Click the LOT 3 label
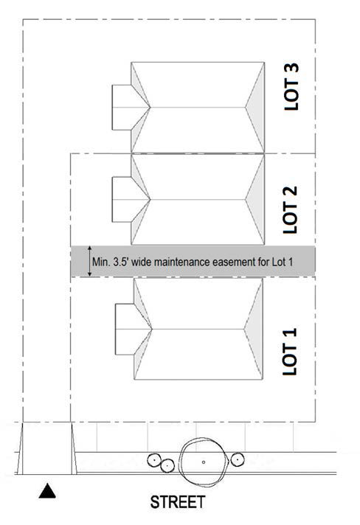pos(291,87)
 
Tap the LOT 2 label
pos(290,209)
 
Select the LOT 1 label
pos(290,352)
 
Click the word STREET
pos(178,502)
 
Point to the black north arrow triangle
pos(47,491)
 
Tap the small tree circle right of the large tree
pos(238,459)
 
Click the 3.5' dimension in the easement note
pos(121,262)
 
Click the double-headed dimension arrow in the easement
pos(89,261)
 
